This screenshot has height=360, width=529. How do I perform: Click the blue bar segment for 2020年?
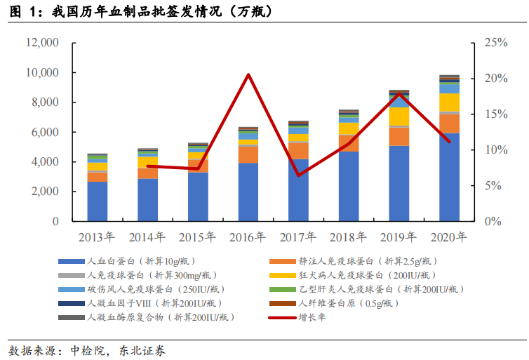click(x=450, y=177)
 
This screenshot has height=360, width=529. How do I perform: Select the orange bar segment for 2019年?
click(x=399, y=136)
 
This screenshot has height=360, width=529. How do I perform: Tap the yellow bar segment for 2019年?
click(x=399, y=116)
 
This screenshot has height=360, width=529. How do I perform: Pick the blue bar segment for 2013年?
click(x=98, y=201)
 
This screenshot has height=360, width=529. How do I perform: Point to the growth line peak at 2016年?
click(x=248, y=74)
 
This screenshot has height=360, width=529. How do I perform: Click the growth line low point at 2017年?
click(x=299, y=175)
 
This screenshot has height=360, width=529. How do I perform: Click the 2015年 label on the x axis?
click(x=199, y=237)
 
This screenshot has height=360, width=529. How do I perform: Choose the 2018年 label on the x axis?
click(x=349, y=237)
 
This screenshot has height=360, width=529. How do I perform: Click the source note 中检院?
click(x=81, y=349)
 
